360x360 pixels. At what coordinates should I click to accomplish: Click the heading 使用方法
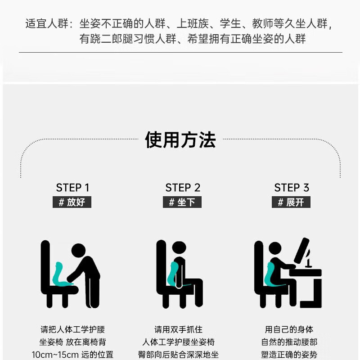pos(180,140)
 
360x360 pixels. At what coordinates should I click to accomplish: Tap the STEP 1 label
pos(72,188)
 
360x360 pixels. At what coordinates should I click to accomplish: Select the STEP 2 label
pos(183,188)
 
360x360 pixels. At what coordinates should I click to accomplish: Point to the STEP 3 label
pos(292,188)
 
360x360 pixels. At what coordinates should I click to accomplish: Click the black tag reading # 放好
pos(72,202)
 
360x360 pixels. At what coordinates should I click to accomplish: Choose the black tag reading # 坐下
pos(182,202)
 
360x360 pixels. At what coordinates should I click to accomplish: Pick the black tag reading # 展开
pos(291,202)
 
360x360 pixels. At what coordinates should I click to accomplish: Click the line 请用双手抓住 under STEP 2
pos(178,330)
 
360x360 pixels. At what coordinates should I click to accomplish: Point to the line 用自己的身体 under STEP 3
pos(289,330)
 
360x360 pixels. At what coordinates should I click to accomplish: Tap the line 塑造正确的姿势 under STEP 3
pos(289,355)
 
